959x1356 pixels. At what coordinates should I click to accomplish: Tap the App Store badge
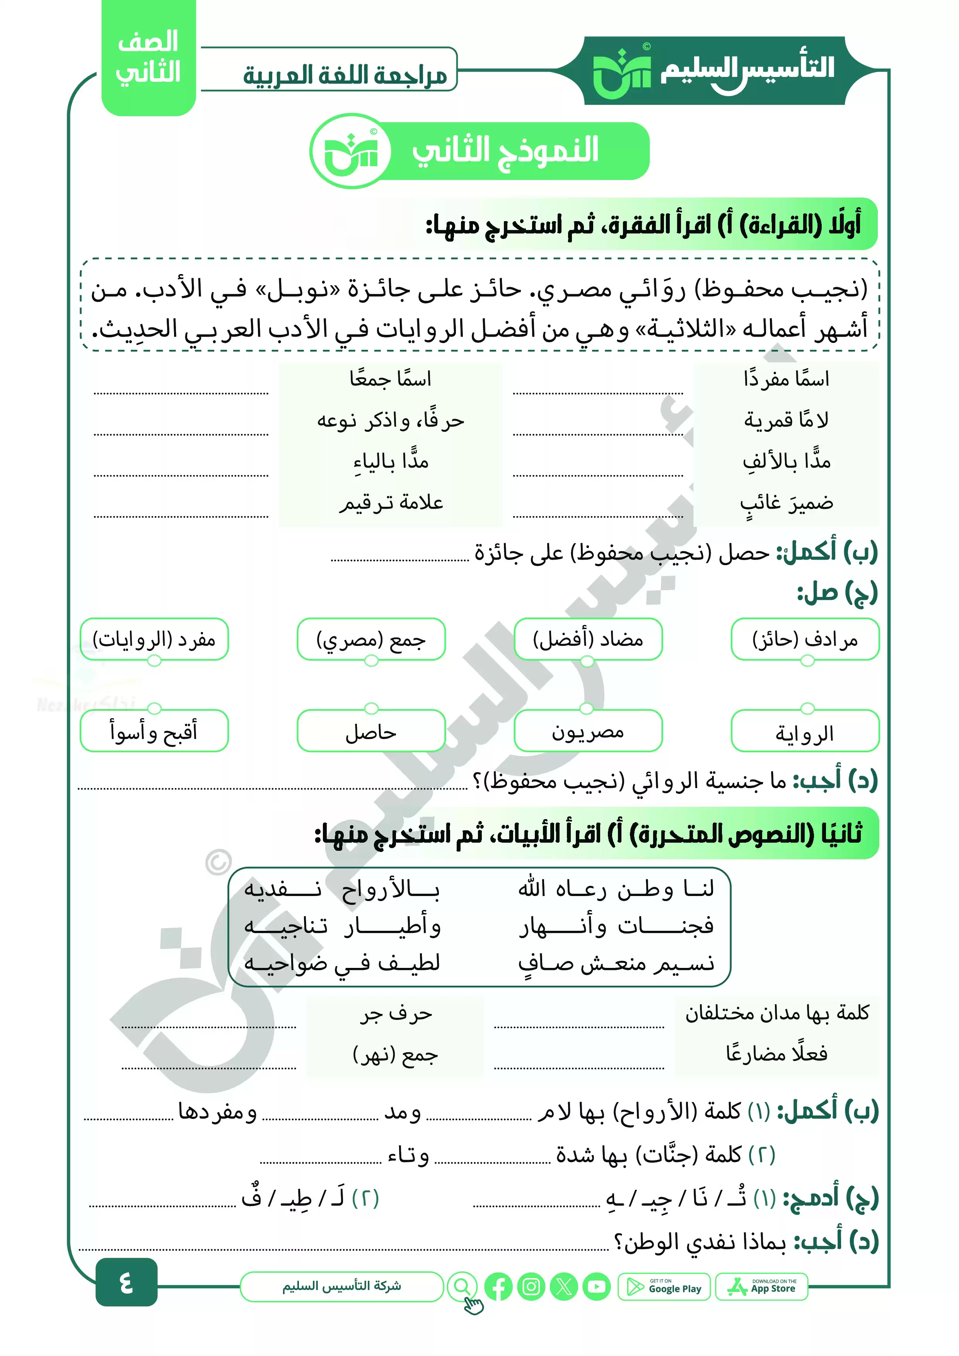761,1287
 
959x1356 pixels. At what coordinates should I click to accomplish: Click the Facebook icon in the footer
498,1287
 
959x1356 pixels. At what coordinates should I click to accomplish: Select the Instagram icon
531,1287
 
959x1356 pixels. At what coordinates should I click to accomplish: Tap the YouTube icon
596,1287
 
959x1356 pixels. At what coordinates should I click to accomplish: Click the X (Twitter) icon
564,1287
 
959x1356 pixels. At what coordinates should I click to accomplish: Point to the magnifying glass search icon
462,1286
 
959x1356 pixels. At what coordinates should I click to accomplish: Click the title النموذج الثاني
505,151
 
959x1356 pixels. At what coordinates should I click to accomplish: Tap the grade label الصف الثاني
148,58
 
